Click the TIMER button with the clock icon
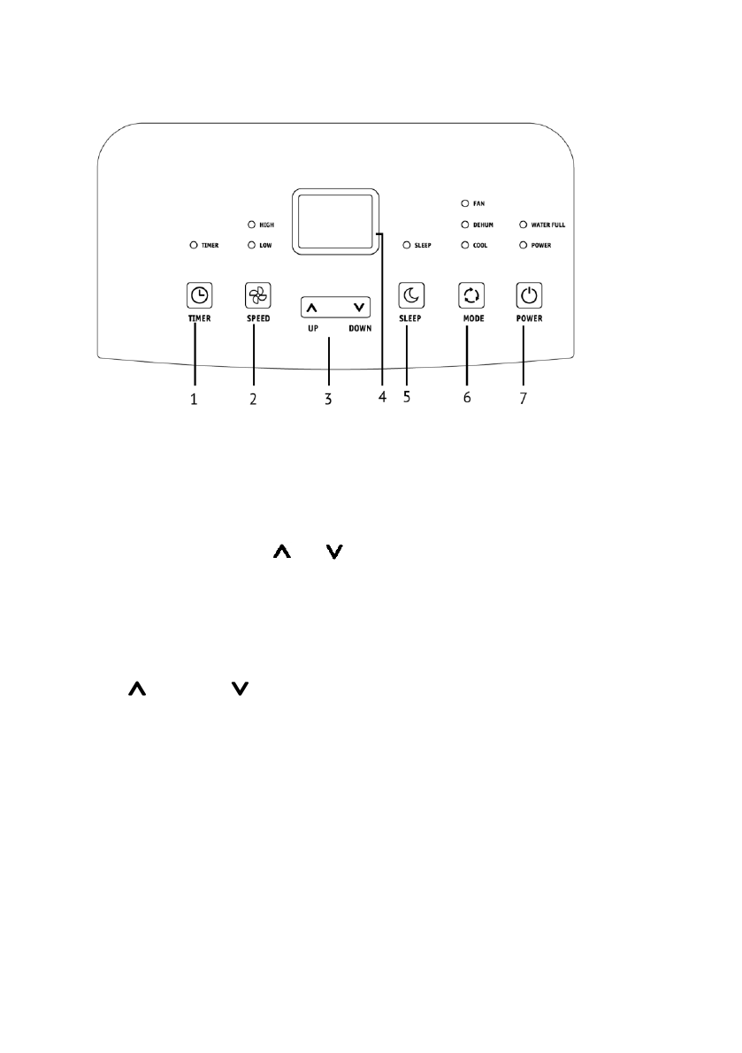[200, 295]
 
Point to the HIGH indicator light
[251, 225]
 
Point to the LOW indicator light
[251, 244]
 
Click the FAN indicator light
[465, 203]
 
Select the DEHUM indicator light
[465, 225]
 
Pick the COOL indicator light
[465, 244]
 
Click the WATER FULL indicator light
[524, 225]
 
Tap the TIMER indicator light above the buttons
[193, 244]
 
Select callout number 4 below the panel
[382, 397]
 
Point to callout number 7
[523, 398]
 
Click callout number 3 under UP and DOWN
[327, 399]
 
